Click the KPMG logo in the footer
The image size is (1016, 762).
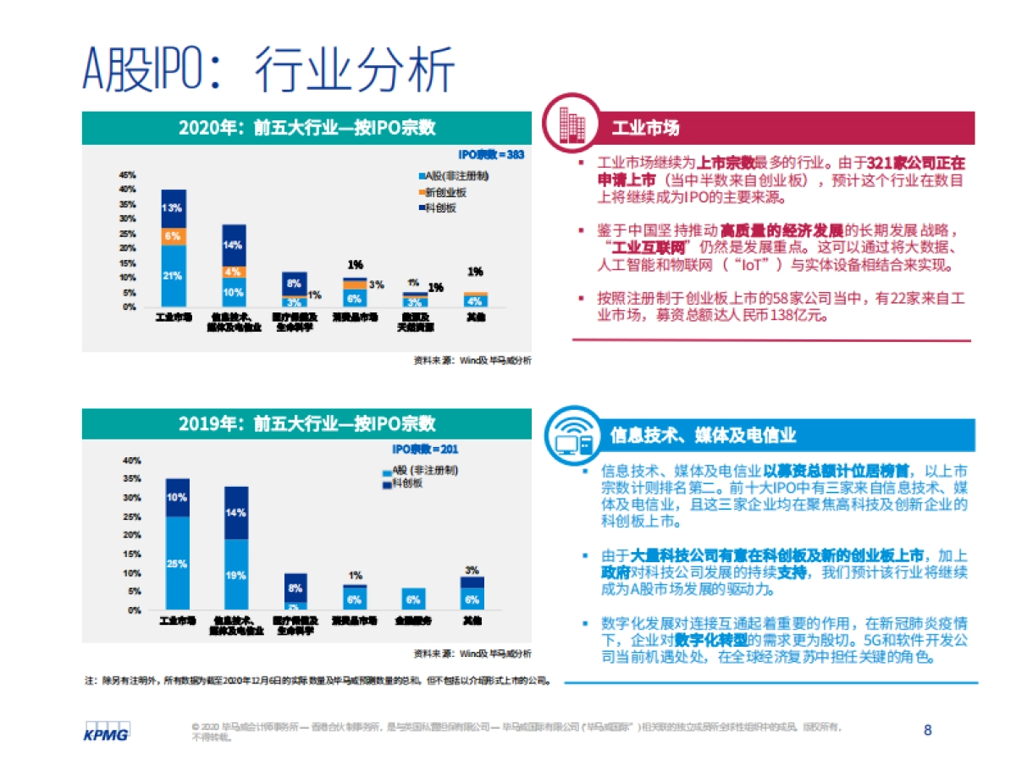tap(106, 732)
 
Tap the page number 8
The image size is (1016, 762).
tap(927, 730)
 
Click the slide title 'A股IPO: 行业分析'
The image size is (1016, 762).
tap(268, 69)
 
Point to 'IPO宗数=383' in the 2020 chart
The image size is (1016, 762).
tap(491, 154)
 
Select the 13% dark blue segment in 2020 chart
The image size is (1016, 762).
tap(174, 208)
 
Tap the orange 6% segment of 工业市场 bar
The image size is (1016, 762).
tap(174, 236)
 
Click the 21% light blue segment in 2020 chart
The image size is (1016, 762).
tap(174, 275)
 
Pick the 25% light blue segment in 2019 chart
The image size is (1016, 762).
tap(178, 563)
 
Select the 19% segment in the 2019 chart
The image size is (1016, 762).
tap(236, 574)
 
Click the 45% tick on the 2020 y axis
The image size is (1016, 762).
tap(128, 174)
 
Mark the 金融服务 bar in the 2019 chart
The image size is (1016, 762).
tap(413, 599)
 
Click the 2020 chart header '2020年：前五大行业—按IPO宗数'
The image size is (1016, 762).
tap(307, 128)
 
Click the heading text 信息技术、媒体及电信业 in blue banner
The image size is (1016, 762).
tap(703, 435)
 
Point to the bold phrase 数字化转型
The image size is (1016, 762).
tap(706, 641)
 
